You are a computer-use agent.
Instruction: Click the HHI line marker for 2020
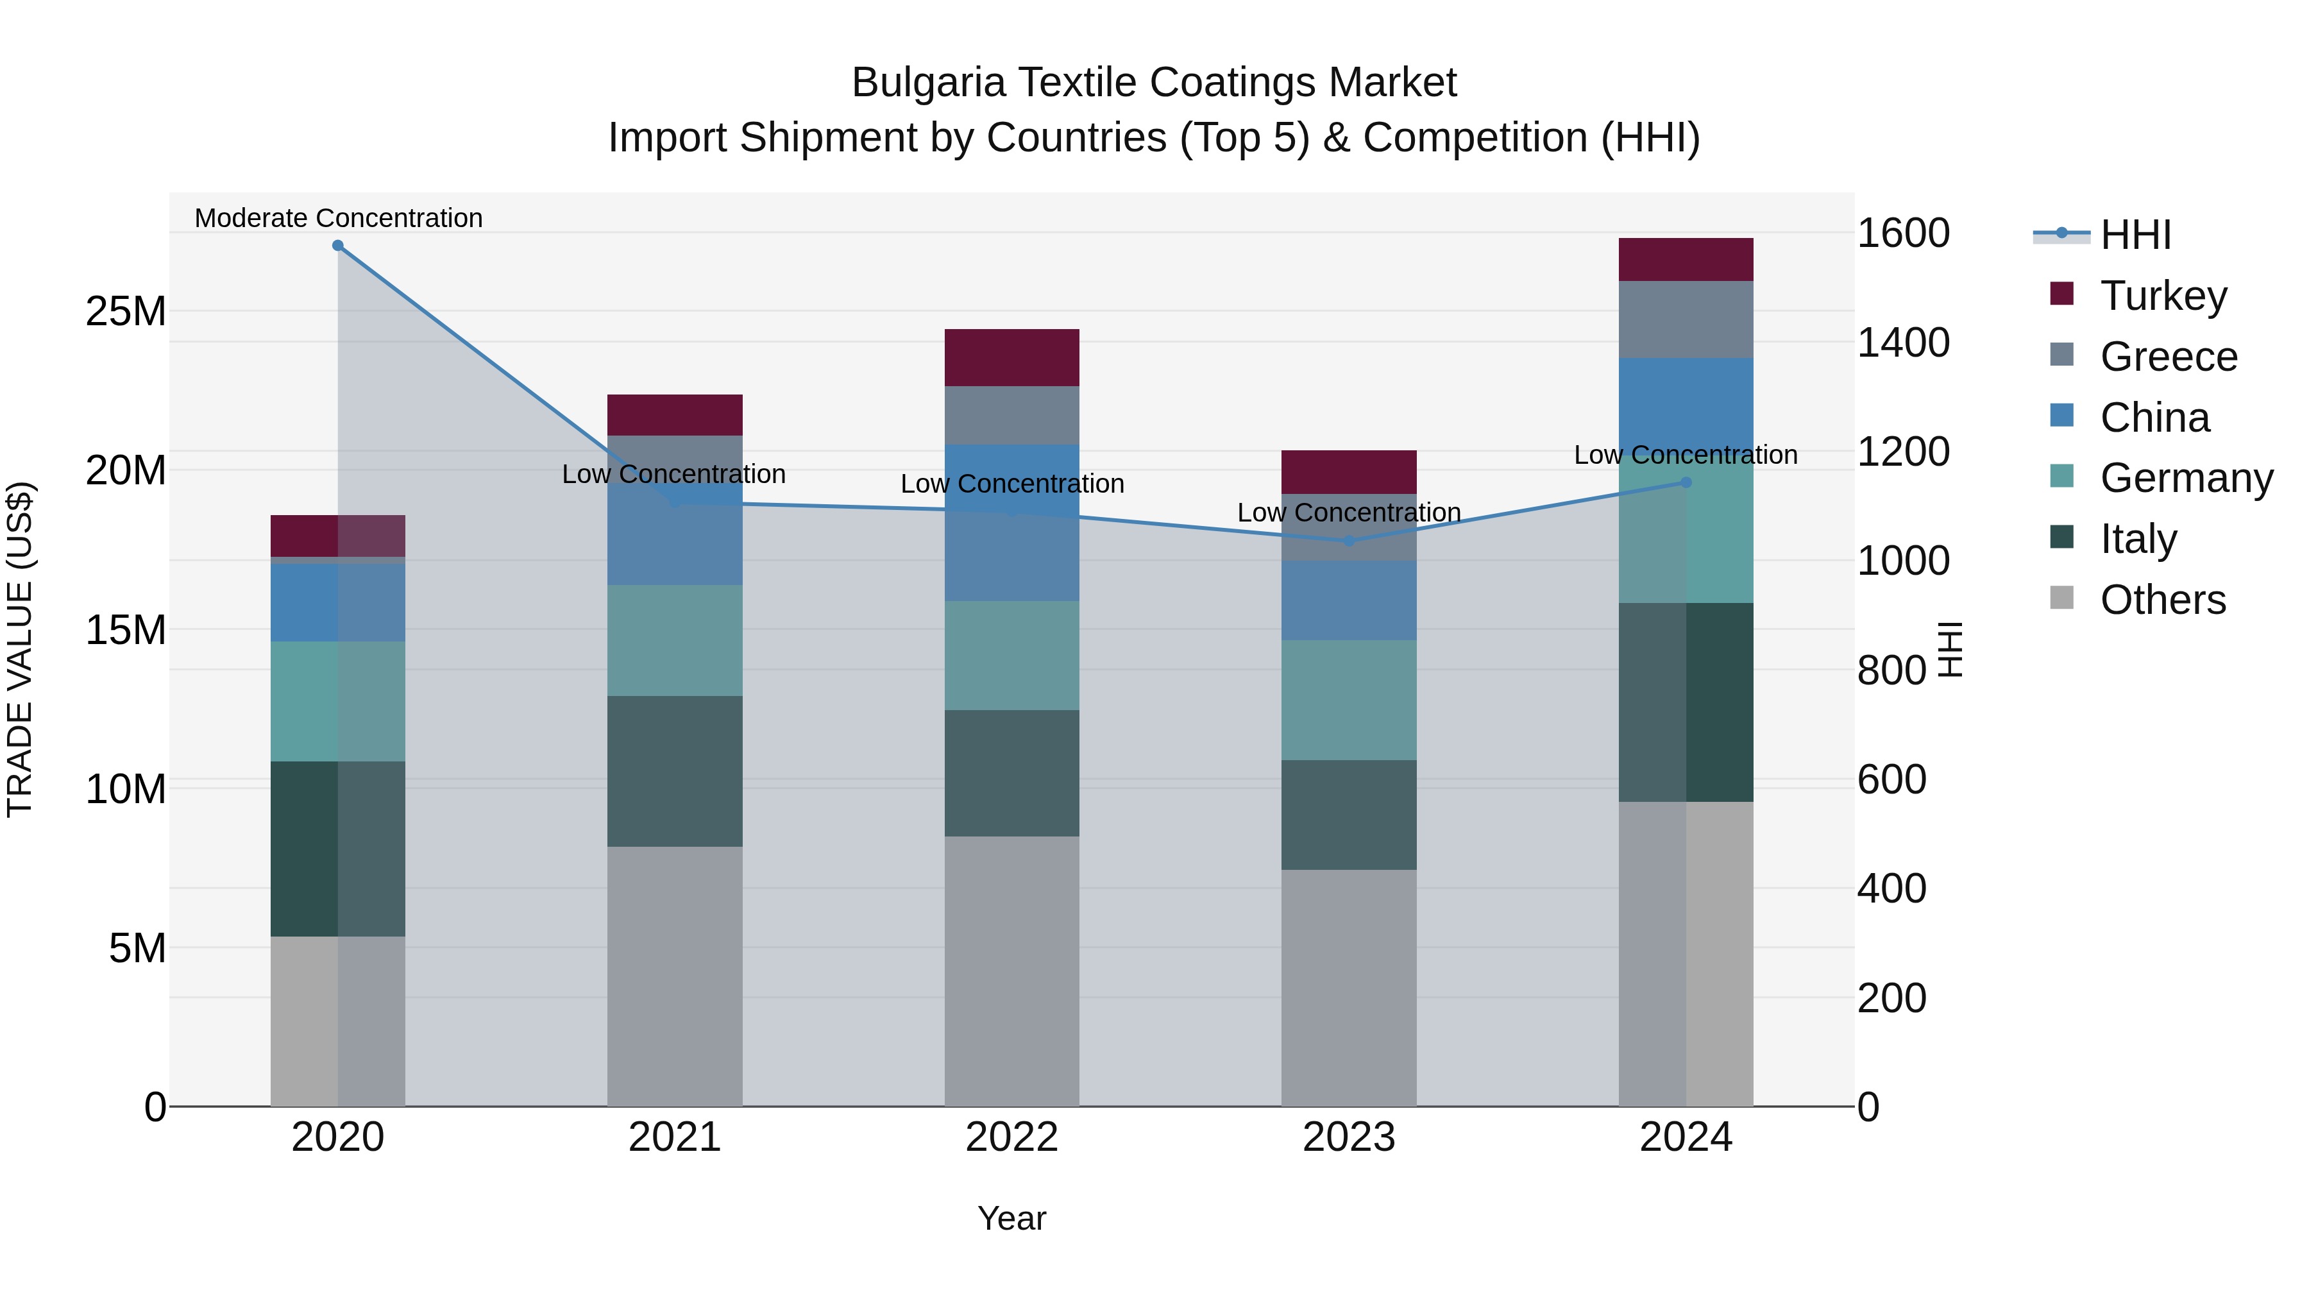tap(338, 246)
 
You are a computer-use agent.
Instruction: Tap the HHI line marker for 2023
tap(1349, 541)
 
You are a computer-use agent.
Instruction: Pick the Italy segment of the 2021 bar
tap(674, 771)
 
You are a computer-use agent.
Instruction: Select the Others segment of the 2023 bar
tap(1348, 987)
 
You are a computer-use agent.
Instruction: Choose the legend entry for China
tap(2153, 418)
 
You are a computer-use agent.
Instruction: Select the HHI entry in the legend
tap(2133, 235)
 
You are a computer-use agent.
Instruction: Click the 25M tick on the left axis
tap(126, 312)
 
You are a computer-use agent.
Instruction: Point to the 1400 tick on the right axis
tap(1902, 343)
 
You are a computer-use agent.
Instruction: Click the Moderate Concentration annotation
tap(338, 218)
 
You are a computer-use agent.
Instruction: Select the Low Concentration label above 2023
tap(1348, 513)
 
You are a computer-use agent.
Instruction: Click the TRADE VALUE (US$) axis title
tap(20, 649)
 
